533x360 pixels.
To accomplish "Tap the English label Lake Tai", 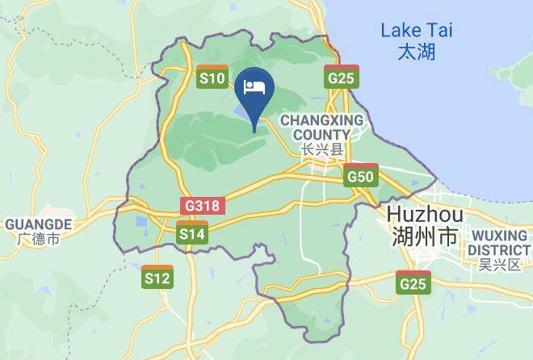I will pos(417,31).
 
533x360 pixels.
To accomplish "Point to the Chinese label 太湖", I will pos(417,52).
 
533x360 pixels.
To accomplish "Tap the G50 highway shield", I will pos(360,175).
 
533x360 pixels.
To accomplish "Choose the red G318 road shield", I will pos(201,205).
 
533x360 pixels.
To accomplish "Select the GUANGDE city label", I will pos(39,224).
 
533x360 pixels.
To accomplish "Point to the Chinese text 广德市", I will pos(39,239).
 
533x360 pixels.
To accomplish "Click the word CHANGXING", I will pos(322,120).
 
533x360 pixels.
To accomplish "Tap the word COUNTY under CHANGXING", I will pos(321,134).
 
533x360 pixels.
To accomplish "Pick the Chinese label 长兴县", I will pos(321,149).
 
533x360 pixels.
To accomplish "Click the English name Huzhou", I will pos(425,215).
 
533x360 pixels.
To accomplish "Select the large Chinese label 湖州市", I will pos(424,237).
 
